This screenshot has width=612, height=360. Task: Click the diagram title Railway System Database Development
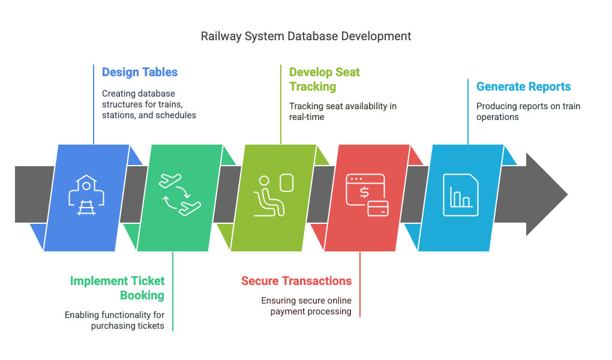(x=305, y=37)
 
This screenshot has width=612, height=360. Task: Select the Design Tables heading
(x=140, y=72)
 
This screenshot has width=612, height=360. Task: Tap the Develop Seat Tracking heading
(x=325, y=79)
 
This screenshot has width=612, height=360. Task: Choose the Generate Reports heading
(x=523, y=86)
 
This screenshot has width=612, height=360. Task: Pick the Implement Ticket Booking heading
(x=118, y=288)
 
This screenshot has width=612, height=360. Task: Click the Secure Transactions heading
(x=296, y=281)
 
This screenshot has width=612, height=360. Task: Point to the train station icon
(x=86, y=195)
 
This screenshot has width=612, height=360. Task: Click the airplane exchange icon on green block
(x=180, y=194)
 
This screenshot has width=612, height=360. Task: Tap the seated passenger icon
(x=274, y=195)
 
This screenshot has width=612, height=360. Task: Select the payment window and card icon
(x=367, y=195)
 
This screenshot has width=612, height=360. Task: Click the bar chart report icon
(x=461, y=195)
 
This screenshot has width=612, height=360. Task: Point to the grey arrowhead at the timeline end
(x=547, y=194)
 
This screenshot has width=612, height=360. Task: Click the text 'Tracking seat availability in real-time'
(x=343, y=112)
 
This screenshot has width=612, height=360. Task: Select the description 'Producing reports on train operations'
(x=528, y=112)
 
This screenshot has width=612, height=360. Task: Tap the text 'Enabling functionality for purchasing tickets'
(x=115, y=320)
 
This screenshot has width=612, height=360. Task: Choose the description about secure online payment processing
(x=307, y=306)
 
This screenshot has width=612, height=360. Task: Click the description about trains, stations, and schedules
(x=149, y=104)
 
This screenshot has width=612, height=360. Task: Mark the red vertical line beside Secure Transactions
(x=360, y=284)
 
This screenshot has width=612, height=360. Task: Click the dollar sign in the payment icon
(x=364, y=192)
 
